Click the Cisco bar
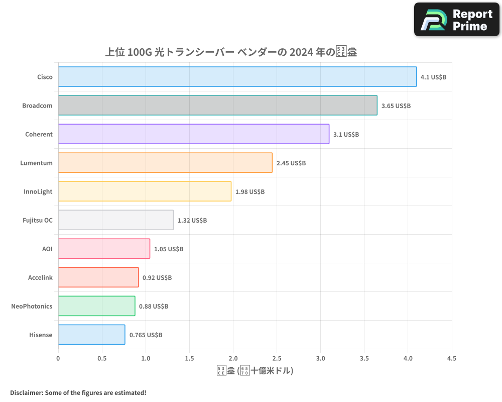point(237,77)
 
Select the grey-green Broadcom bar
point(217,106)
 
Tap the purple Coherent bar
point(193,134)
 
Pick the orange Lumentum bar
point(165,163)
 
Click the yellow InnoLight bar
point(145,191)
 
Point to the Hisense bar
point(91,335)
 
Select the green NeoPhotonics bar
point(96,306)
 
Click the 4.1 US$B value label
point(433,77)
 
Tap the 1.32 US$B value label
point(192,221)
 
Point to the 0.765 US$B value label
point(146,335)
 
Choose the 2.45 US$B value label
point(291,163)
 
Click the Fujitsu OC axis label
point(38,220)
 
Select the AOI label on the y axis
point(47,249)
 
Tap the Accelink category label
point(40,277)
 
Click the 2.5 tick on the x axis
point(277,359)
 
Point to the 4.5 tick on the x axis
point(451,359)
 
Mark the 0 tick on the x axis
point(58,359)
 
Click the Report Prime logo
point(457,20)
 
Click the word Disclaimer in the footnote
point(26,392)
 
